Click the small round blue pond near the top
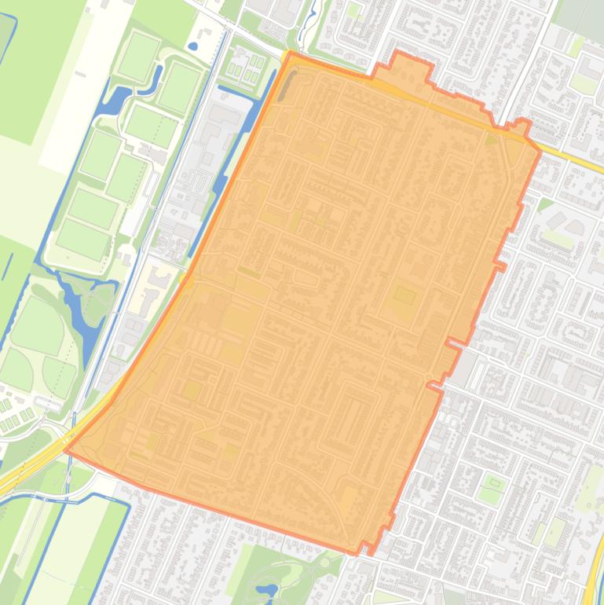coord(193,46)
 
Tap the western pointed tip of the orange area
coord(65,450)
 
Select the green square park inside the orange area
coord(404,296)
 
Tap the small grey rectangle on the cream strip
coord(81,75)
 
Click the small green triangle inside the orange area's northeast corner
coord(492,140)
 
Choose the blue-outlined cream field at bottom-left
coord(75,542)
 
